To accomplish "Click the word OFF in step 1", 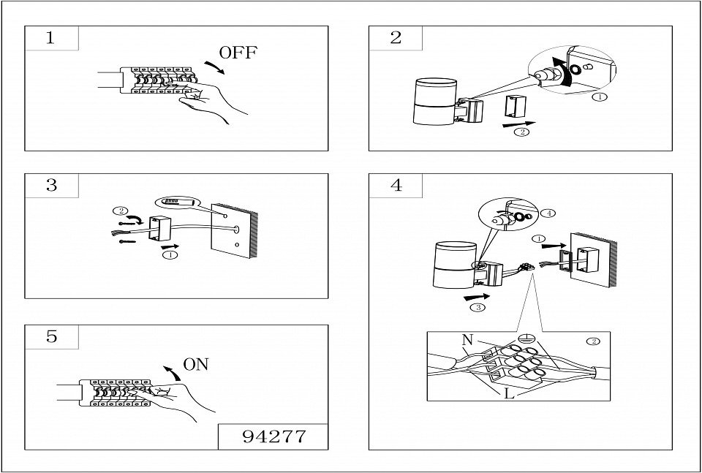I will (238, 53).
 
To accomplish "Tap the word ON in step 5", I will (196, 364).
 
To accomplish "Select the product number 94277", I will (273, 436).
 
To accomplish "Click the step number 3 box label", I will (51, 186).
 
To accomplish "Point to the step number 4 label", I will (396, 186).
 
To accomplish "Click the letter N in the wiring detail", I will (467, 340).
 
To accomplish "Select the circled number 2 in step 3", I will (120, 211).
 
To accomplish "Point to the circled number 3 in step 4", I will (477, 308).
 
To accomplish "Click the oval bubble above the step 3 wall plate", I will (176, 200).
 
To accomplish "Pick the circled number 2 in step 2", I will (521, 132).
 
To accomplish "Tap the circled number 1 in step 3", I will (170, 256).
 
